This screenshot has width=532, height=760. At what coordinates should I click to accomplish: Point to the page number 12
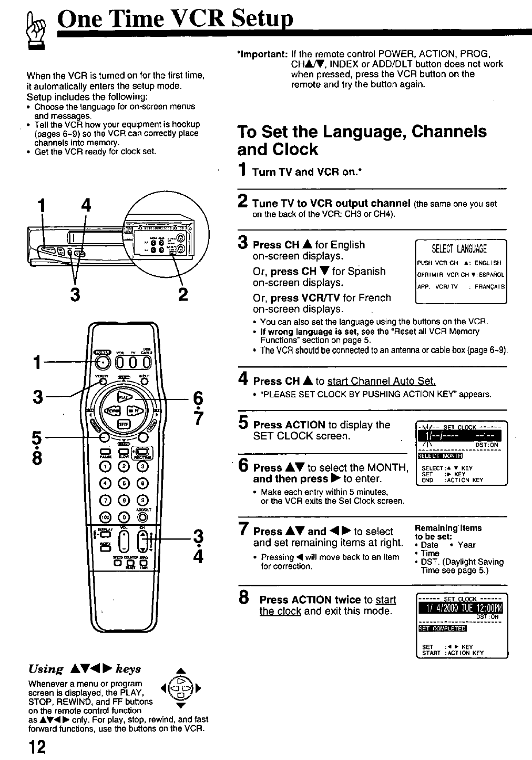(x=37, y=747)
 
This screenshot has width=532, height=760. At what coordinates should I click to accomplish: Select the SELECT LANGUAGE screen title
(x=459, y=249)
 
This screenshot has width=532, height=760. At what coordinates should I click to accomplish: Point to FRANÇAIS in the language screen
(x=489, y=287)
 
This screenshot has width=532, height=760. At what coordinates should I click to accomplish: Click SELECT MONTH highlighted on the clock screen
(x=439, y=456)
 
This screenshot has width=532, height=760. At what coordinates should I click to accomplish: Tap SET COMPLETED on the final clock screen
(x=442, y=628)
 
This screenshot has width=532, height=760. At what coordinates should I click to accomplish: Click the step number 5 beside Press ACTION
(x=243, y=423)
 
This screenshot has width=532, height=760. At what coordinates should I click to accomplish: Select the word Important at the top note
(x=262, y=54)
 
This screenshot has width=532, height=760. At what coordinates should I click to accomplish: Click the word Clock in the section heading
(x=295, y=149)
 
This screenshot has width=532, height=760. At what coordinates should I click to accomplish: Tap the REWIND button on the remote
(x=112, y=411)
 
